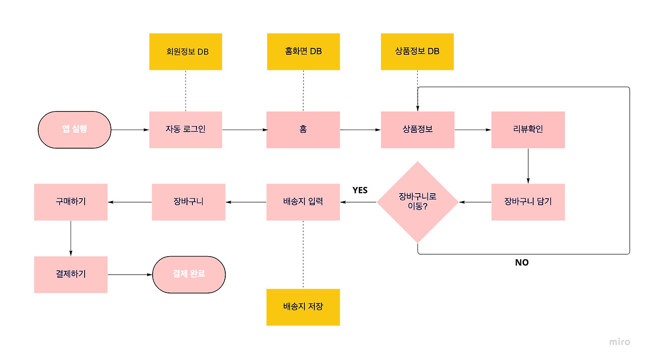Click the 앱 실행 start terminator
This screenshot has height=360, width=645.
[75, 130]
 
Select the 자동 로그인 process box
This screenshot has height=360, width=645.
[185, 130]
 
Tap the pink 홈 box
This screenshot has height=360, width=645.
[303, 130]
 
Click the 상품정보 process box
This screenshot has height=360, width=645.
[417, 130]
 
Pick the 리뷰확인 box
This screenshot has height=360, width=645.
[528, 130]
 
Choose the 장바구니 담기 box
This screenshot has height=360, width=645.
[528, 202]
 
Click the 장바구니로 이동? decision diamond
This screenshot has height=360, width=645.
[418, 202]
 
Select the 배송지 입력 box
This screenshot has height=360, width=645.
[303, 202]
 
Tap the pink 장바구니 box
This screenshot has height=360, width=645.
[188, 202]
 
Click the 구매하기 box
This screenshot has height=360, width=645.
[71, 202]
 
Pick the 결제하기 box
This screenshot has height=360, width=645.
[71, 274]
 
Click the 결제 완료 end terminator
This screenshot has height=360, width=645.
[189, 274]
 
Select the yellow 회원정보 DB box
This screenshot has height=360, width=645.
[185, 51]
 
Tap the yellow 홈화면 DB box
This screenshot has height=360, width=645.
[303, 51]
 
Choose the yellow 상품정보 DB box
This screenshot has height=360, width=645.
[417, 51]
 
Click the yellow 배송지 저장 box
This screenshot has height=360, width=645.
[303, 307]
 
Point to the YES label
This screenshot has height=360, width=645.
[360, 190]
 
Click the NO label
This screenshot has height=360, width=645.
[522, 262]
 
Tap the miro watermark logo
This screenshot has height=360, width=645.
[619, 342]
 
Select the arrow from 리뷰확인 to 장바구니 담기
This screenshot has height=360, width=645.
[528, 165]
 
